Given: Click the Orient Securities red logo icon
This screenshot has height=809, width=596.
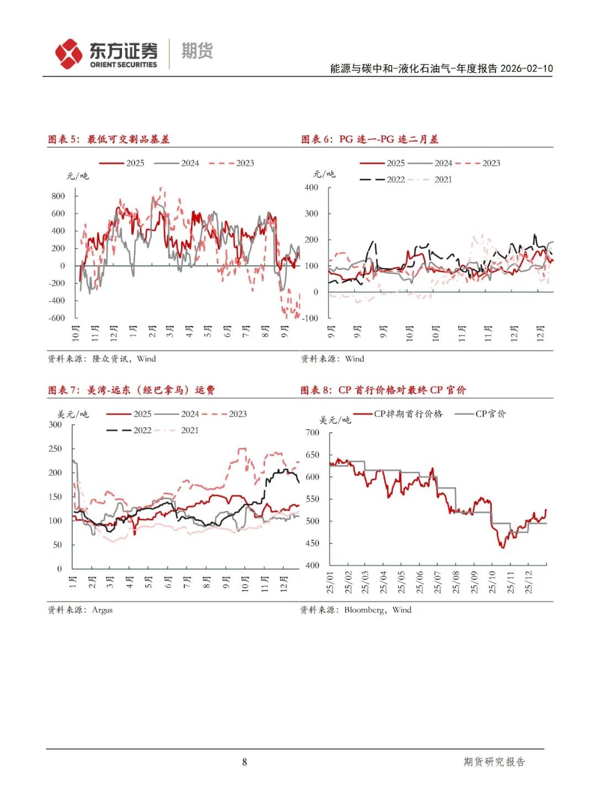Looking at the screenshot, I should (x=68, y=54).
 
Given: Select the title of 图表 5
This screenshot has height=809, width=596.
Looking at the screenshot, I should (x=109, y=139).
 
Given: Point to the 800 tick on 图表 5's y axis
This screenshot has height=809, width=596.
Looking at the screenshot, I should (x=58, y=196).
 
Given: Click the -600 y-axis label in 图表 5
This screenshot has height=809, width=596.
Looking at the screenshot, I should (x=57, y=318).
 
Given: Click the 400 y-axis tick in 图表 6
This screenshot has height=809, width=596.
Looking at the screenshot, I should (x=311, y=188).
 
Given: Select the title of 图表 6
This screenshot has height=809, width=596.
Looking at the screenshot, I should (x=370, y=139).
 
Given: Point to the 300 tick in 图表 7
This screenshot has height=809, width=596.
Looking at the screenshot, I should (x=55, y=424).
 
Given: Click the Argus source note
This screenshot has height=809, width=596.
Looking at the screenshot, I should (x=80, y=610).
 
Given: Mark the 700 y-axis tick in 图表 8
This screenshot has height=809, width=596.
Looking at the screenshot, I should (x=312, y=433).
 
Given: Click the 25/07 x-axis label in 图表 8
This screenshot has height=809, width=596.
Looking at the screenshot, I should (x=438, y=582).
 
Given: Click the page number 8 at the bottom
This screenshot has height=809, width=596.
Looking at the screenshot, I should (x=244, y=762).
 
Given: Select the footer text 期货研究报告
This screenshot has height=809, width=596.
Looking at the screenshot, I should (x=494, y=762).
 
